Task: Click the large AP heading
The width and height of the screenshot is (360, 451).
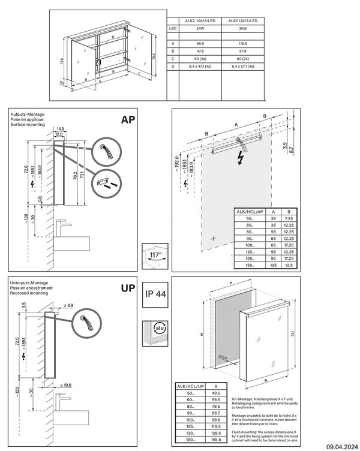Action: [x=127, y=119]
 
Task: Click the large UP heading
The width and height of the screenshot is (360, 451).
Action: [x=127, y=288]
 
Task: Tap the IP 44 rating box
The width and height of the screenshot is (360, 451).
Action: [x=154, y=295]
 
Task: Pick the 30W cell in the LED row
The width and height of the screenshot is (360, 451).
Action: [x=242, y=28]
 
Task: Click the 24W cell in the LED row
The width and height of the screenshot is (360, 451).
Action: [x=200, y=28]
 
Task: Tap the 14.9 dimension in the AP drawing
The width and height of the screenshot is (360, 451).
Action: [x=60, y=128]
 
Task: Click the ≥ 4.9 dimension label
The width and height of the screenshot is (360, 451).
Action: [x=68, y=306]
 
